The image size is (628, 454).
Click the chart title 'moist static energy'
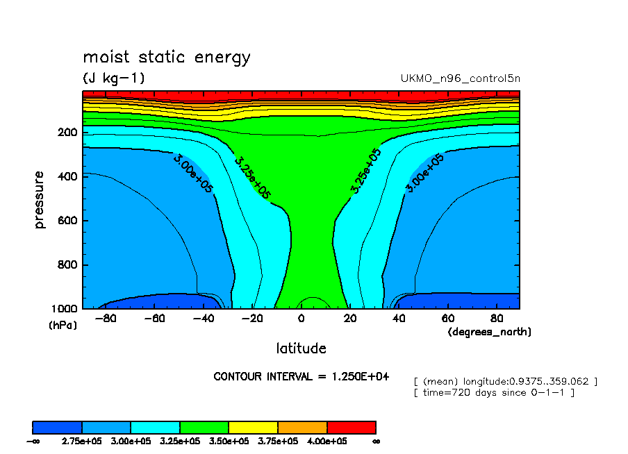(166, 57)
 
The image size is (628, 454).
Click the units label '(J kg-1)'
(114, 78)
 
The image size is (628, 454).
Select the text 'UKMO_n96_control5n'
(460, 78)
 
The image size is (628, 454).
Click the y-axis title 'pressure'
(40, 200)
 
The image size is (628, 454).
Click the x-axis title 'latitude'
(301, 348)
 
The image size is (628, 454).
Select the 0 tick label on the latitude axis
(301, 319)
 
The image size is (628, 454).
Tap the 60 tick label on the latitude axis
(448, 319)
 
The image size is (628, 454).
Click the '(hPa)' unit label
(63, 324)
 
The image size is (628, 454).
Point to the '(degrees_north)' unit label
(489, 332)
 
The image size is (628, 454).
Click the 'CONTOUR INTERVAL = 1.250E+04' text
(301, 376)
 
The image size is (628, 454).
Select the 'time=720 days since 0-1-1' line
(494, 393)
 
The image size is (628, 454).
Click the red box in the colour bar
(351, 427)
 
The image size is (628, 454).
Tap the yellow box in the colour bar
(253, 427)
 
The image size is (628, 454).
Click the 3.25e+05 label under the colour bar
(180, 441)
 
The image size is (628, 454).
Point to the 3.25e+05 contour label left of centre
(251, 178)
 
